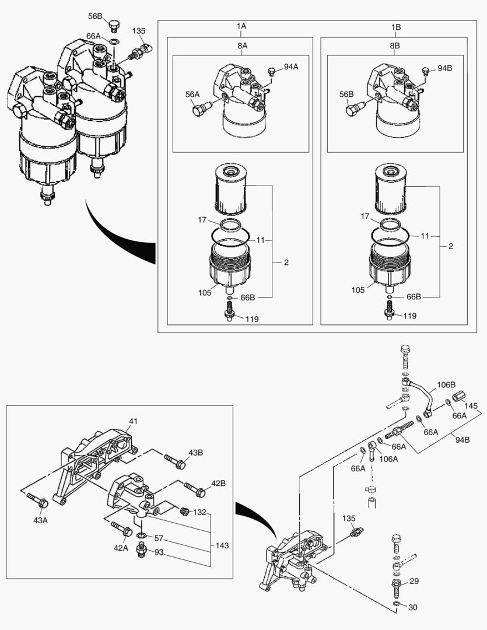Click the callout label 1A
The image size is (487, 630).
click(x=241, y=27)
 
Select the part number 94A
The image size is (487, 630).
click(x=291, y=67)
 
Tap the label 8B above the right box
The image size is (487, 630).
click(x=394, y=44)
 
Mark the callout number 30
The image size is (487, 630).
click(x=413, y=607)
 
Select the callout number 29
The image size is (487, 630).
click(x=414, y=582)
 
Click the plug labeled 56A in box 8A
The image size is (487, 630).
click(x=199, y=108)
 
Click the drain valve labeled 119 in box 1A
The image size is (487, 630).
click(x=229, y=313)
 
